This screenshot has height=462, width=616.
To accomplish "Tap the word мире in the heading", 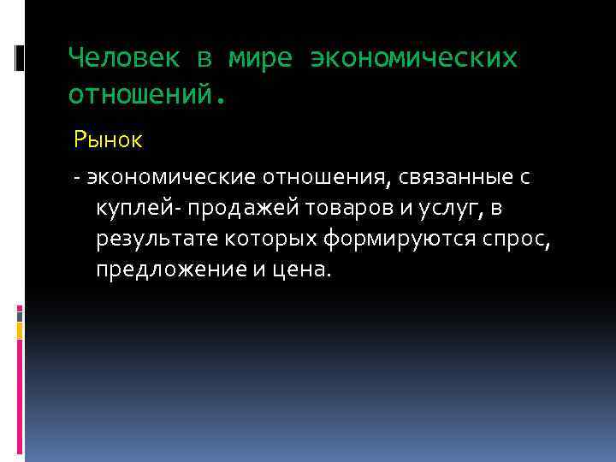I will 258,58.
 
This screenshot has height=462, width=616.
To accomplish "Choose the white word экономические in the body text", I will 171,178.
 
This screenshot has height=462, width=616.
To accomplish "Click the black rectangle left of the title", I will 20,57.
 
